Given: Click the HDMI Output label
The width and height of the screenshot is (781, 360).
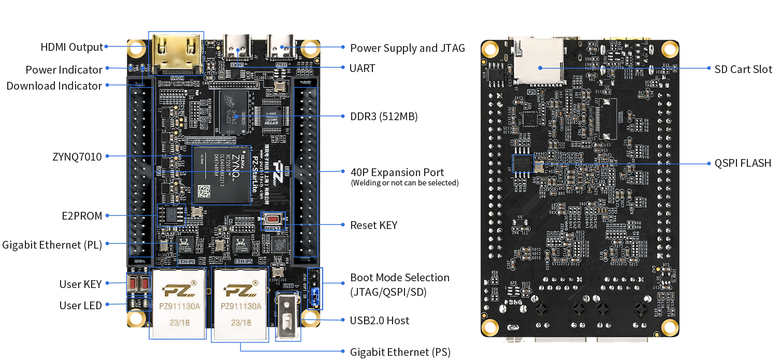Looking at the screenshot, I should point(72,47).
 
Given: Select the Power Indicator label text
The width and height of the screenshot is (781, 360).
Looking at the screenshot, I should point(64,69).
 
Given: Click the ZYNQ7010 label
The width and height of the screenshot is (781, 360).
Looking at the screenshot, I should point(77,156).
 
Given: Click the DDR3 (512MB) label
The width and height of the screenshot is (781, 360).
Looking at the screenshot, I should point(384,117).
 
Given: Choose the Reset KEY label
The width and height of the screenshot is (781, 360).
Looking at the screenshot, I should point(374,225).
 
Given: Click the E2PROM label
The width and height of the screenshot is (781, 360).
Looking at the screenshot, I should point(81,216).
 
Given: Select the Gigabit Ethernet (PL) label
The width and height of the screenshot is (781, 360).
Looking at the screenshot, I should point(52,244).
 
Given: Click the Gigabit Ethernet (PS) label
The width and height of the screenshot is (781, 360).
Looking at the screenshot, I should point(400,352).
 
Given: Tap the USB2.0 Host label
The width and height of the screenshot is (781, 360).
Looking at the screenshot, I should point(380,320).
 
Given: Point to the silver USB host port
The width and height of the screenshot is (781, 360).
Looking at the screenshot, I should point(288,316).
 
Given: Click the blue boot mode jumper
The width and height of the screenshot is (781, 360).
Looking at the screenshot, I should point(314,297).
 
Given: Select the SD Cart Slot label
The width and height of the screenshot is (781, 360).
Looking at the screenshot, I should point(743,69).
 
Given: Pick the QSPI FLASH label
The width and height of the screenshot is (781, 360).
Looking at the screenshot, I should point(743,163).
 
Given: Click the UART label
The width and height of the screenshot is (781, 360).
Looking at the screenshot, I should point(363,68).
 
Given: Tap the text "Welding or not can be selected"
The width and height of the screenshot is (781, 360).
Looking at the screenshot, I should point(404,183).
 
